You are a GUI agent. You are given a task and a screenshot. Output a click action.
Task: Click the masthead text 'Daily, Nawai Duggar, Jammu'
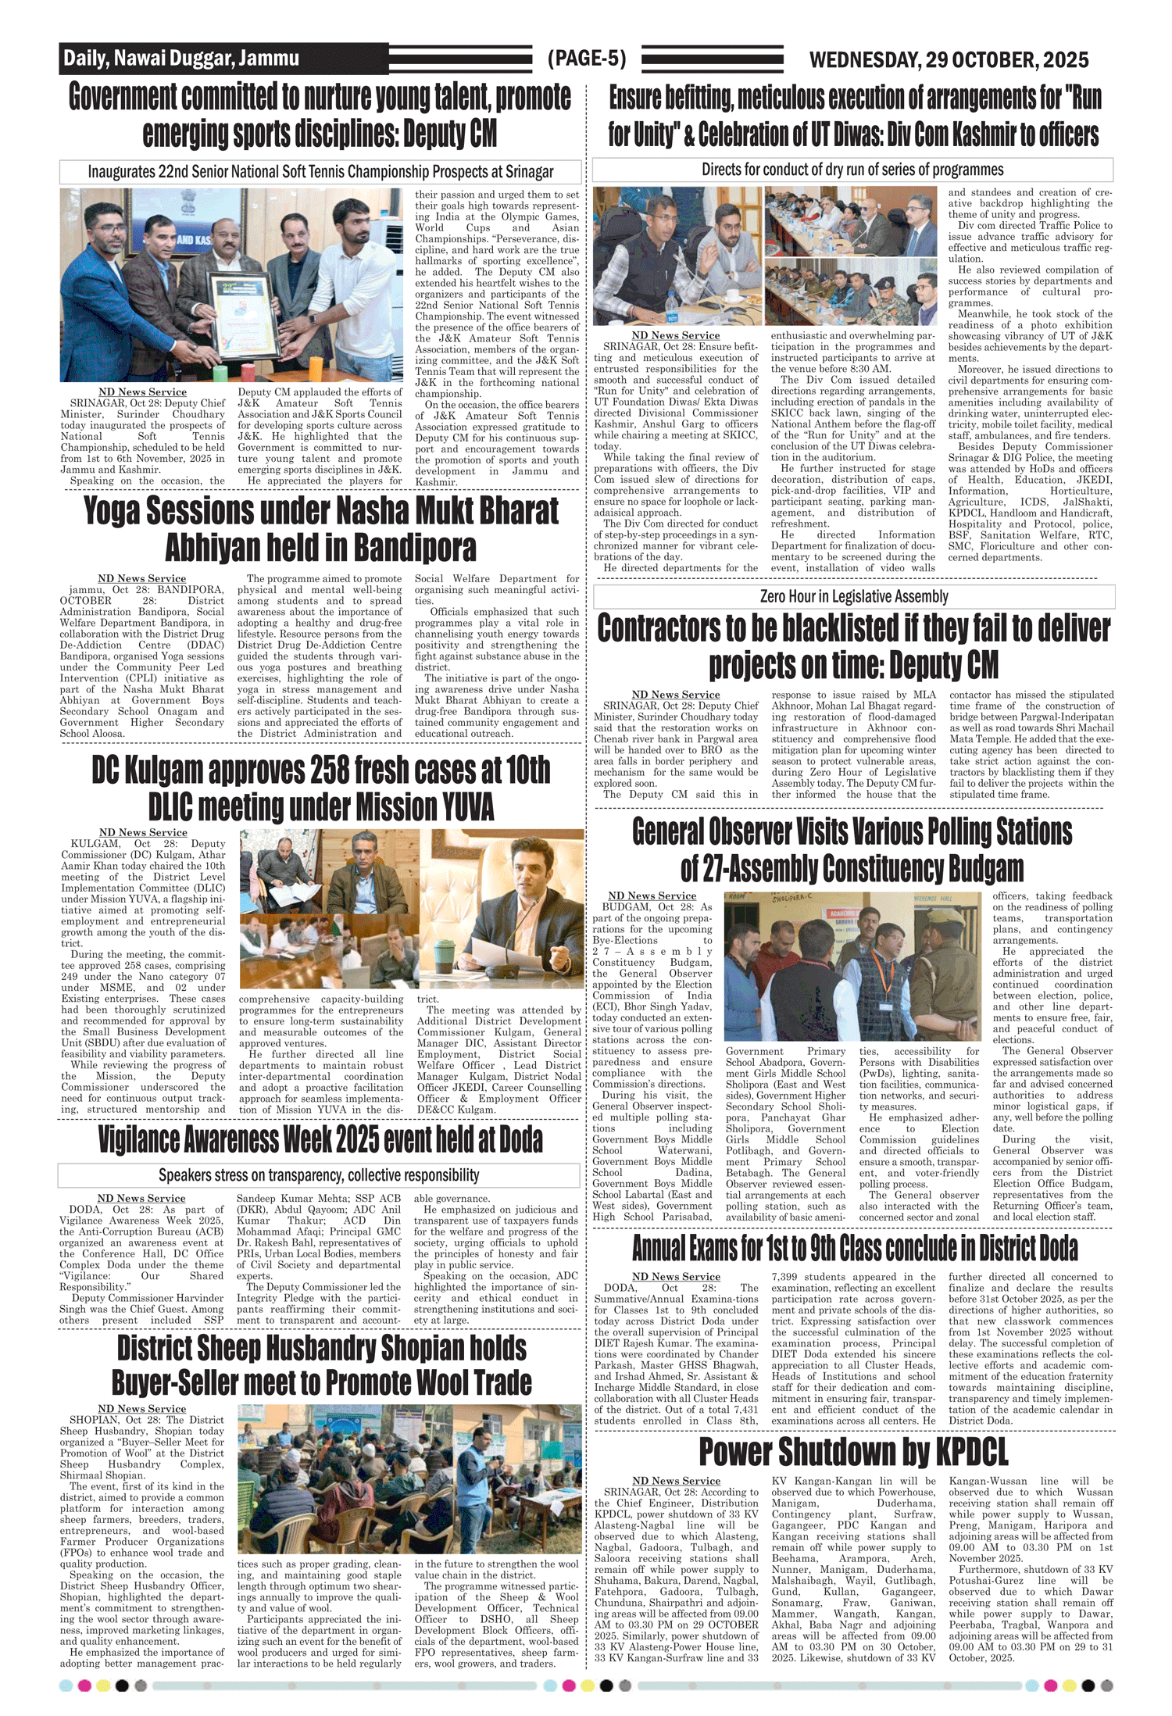[181, 59]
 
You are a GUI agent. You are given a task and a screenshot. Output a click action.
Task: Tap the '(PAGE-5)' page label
[587, 59]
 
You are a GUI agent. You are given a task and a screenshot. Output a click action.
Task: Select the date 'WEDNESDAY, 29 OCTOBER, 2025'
[949, 60]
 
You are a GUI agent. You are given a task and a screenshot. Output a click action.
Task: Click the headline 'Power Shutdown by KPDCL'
[853, 1451]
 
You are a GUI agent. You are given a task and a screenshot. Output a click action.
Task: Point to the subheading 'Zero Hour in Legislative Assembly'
[854, 597]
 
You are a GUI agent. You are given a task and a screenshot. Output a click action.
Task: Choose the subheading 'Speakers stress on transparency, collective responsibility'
[319, 1175]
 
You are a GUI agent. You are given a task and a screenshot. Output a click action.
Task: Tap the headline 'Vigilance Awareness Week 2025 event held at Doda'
[320, 1140]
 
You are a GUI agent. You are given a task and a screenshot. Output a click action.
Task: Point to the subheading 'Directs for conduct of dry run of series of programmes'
[852, 170]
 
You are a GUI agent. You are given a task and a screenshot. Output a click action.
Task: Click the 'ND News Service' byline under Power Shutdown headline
[676, 1480]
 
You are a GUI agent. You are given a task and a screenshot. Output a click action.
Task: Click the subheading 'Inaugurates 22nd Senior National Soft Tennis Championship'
[320, 172]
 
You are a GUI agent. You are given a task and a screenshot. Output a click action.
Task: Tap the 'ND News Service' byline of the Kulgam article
[143, 832]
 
